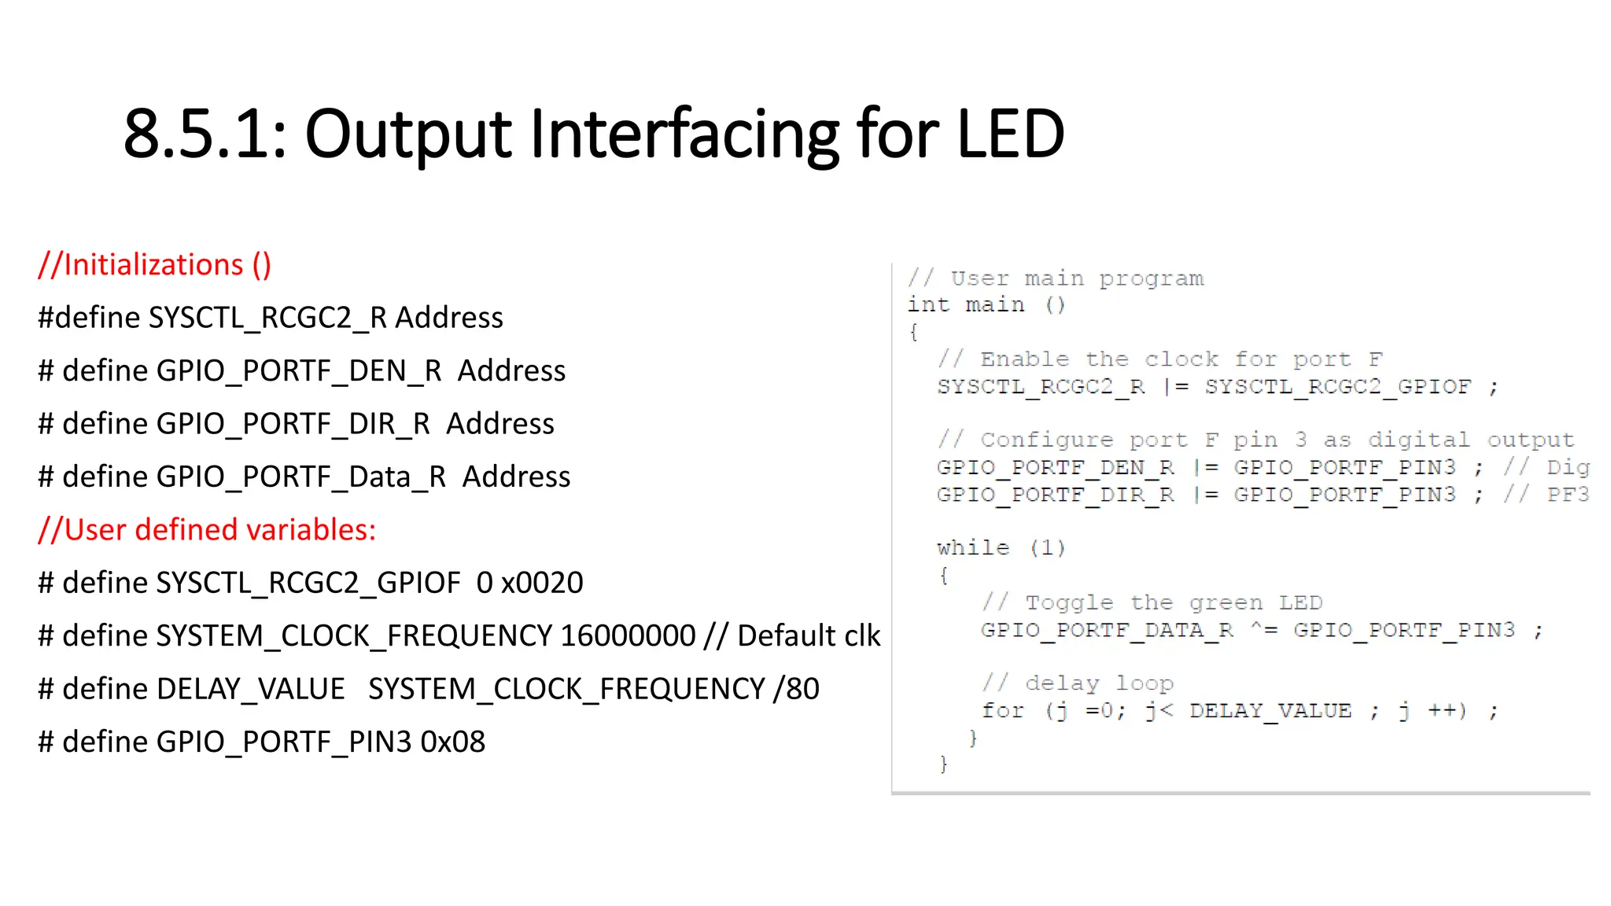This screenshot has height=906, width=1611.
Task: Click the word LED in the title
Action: pos(1011,134)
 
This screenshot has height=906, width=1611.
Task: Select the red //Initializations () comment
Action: pos(155,265)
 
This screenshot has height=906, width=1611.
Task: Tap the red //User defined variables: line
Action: pos(207,530)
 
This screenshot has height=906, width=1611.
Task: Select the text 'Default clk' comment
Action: pos(809,635)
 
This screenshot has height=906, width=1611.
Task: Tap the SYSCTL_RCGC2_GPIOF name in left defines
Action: pos(308,583)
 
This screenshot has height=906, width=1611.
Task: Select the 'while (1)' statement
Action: pos(1001,547)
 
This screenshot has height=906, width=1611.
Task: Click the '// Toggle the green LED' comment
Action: pos(1152,603)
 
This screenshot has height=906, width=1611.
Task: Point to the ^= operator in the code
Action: pos(1264,630)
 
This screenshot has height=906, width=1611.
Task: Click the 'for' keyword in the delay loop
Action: pos(1003,711)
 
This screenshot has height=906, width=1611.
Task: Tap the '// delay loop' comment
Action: pos(1077,683)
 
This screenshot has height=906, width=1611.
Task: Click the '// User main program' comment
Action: pos(1056,278)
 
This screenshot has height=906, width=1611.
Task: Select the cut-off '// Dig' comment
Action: pos(1546,467)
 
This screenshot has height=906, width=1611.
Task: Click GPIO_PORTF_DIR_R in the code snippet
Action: pos(1055,495)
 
